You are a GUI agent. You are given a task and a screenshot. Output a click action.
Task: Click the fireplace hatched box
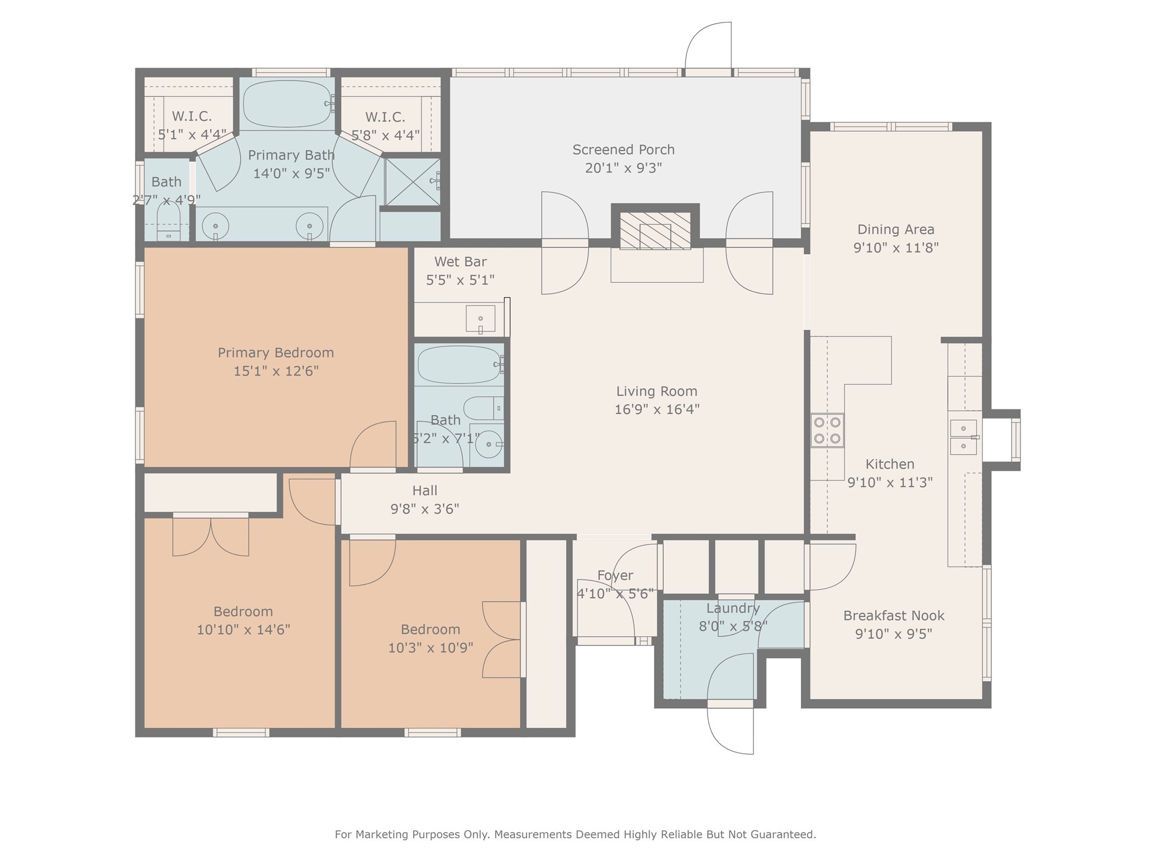(655, 231)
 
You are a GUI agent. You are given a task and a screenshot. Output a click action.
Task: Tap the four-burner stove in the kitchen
(827, 430)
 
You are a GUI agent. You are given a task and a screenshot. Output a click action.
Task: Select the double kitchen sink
(964, 437)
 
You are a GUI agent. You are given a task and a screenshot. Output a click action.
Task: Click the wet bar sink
(481, 319)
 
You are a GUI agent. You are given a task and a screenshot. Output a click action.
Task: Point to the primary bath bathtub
(287, 104)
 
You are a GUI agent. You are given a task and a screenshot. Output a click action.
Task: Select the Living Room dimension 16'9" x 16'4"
(656, 409)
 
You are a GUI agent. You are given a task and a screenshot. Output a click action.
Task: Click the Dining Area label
(896, 229)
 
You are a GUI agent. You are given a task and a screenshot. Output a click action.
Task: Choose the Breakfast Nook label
(894, 615)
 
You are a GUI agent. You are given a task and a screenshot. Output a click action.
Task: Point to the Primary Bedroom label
(276, 353)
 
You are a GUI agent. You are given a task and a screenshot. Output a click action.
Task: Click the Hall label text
(425, 490)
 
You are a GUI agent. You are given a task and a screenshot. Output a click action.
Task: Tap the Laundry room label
(733, 608)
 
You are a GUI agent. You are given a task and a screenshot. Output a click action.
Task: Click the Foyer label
(615, 575)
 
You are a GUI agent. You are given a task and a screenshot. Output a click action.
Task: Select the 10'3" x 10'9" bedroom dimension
(431, 647)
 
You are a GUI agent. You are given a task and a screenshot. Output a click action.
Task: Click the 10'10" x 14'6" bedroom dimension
(243, 629)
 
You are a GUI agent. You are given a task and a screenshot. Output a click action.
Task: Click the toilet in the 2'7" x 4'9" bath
(168, 222)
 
